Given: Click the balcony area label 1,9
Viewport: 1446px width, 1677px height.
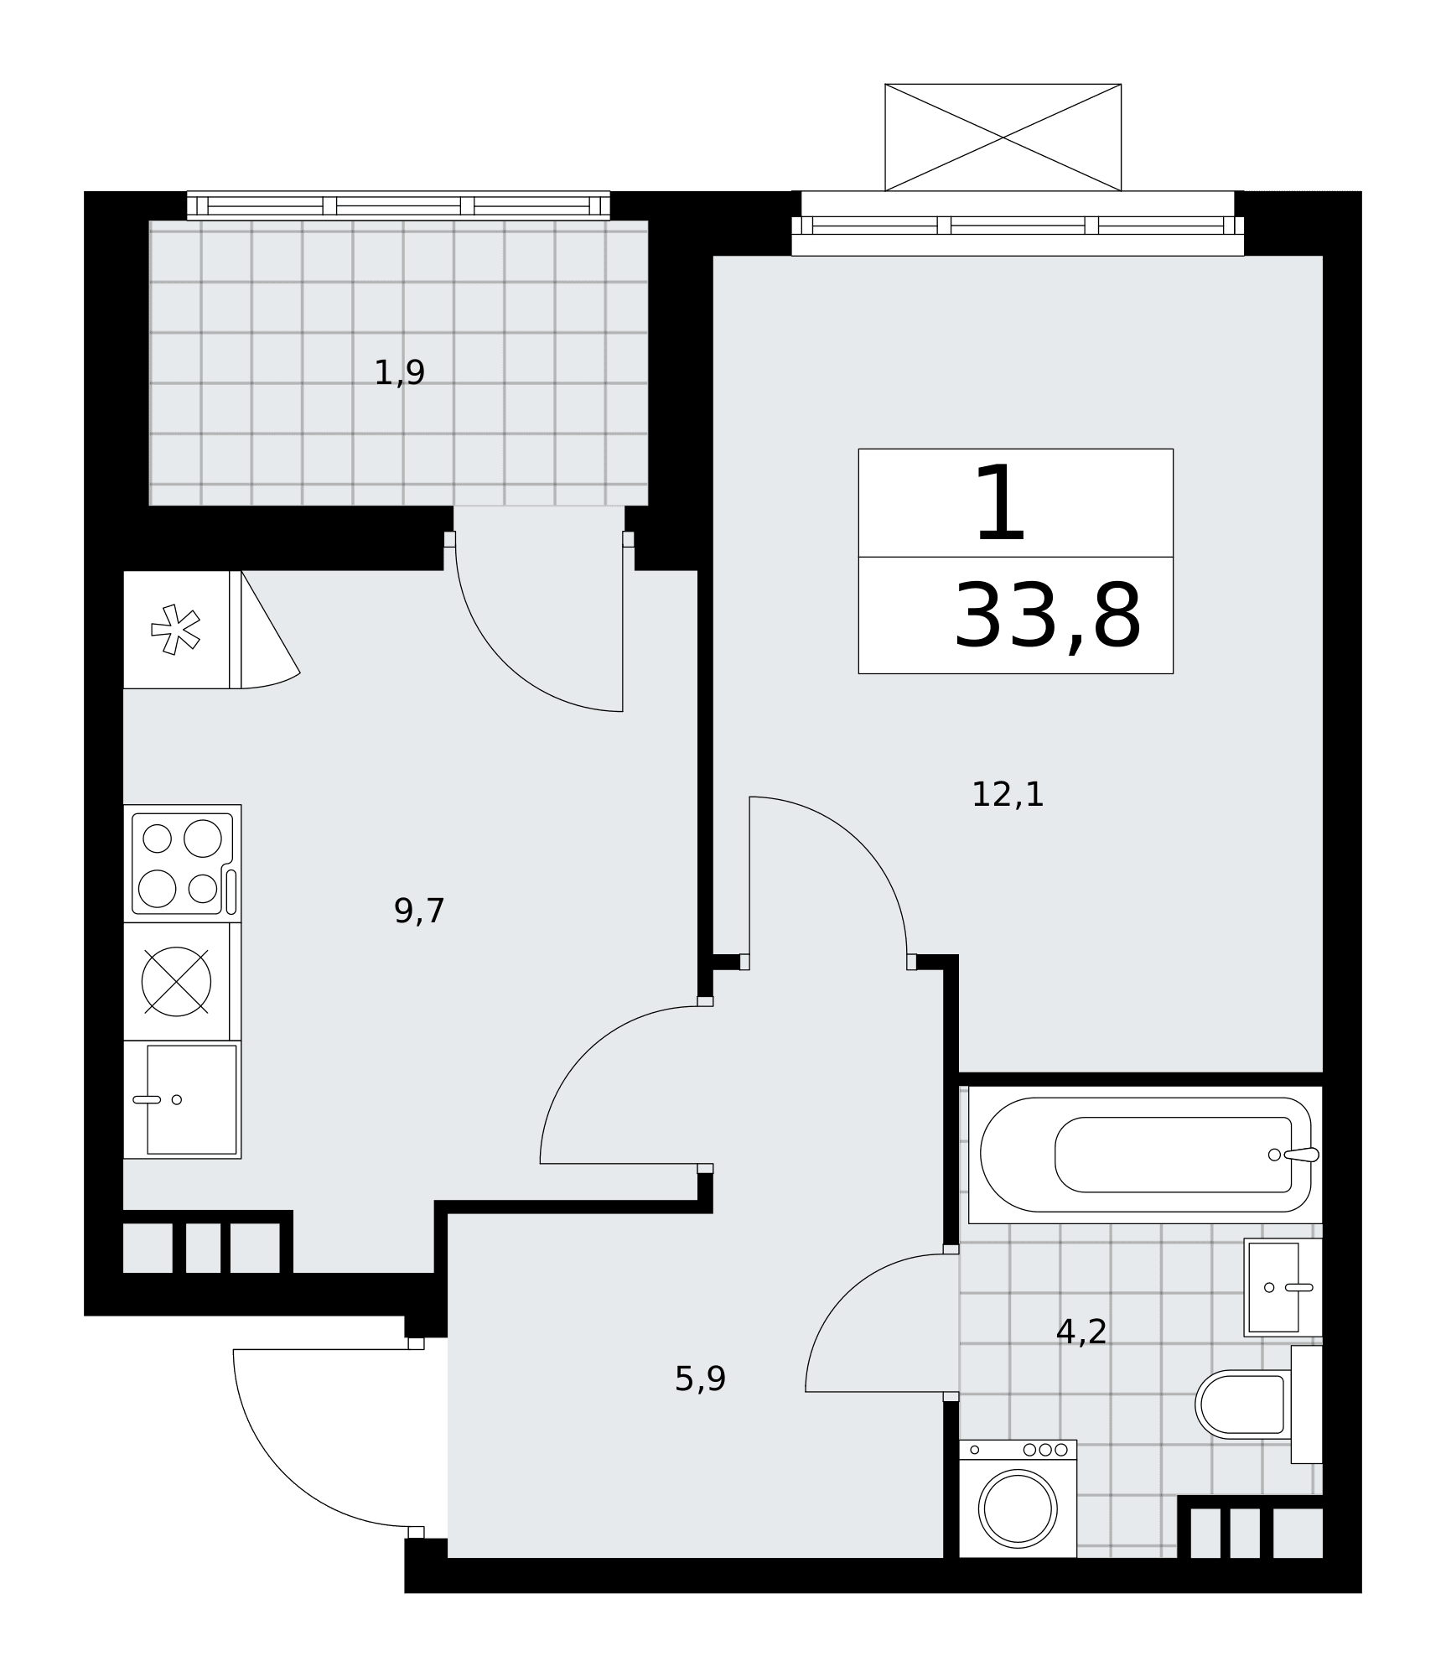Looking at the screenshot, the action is [x=399, y=372].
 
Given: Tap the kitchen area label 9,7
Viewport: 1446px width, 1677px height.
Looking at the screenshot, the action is [x=419, y=911].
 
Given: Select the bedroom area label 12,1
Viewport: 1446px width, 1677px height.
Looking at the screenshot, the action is [x=1008, y=794].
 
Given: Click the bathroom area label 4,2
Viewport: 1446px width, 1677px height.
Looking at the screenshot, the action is [x=1081, y=1331].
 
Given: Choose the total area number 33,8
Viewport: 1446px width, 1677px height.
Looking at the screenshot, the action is [x=1048, y=616].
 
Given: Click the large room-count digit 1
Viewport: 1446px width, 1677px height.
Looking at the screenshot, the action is [x=1001, y=504].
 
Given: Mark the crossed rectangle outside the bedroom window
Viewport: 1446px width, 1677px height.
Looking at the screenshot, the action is [x=1003, y=138].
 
